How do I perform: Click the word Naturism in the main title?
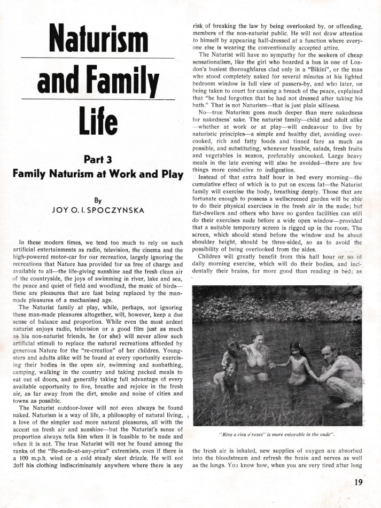tap(98, 38)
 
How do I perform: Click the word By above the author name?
tap(98, 201)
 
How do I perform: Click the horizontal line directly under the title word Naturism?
tap(98, 57)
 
